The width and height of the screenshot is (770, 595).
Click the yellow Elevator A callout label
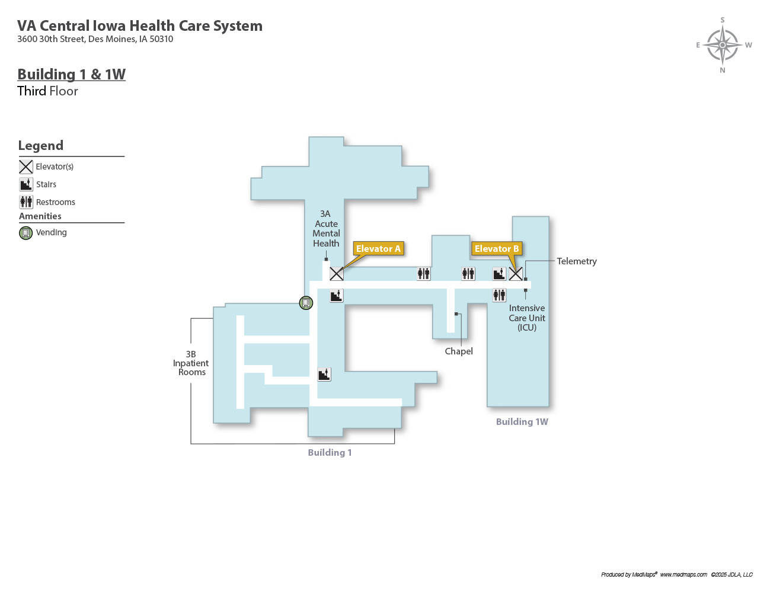tap(378, 249)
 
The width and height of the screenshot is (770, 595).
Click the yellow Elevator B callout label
tap(496, 249)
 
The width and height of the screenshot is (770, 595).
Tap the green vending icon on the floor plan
tap(306, 303)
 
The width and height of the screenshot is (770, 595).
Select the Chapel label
tap(459, 351)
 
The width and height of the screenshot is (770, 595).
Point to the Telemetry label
tap(576, 261)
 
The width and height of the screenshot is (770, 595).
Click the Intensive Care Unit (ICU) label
tap(526, 318)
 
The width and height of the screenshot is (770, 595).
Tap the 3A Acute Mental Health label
tap(326, 229)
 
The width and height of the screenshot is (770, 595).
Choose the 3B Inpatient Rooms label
tap(191, 363)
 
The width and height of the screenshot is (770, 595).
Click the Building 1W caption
tap(522, 422)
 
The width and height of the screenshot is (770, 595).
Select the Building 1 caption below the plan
tap(330, 453)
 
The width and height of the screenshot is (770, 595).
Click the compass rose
tap(723, 45)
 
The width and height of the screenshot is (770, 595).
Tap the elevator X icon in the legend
tap(26, 167)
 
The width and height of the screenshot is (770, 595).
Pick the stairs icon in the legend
tap(26, 185)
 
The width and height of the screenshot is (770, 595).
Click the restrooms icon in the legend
tap(26, 202)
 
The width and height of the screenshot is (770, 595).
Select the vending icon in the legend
tap(26, 233)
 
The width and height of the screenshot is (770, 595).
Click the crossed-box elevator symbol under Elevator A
tap(337, 274)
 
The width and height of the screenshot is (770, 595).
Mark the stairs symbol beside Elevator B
tap(499, 274)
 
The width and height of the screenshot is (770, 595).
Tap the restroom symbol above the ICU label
tap(499, 295)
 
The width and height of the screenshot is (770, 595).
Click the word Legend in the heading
tap(40, 146)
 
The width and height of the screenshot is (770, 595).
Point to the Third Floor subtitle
tap(47, 91)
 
